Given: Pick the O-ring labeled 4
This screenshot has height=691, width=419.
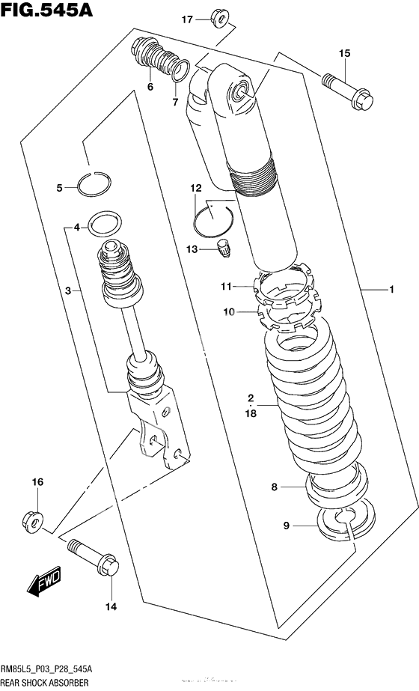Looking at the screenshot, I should (103, 223).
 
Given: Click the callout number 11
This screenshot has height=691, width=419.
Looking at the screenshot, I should (227, 286).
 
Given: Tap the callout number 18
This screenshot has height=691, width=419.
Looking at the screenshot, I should (251, 413).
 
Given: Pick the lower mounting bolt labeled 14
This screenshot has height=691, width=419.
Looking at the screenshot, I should (94, 556).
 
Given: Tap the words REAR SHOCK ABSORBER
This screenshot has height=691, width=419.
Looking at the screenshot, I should (45, 683).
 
